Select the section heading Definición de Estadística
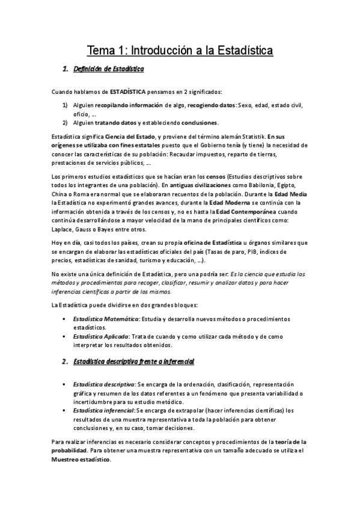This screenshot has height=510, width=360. click(x=108, y=70)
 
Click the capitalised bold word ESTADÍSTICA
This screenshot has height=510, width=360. click(x=128, y=92)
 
